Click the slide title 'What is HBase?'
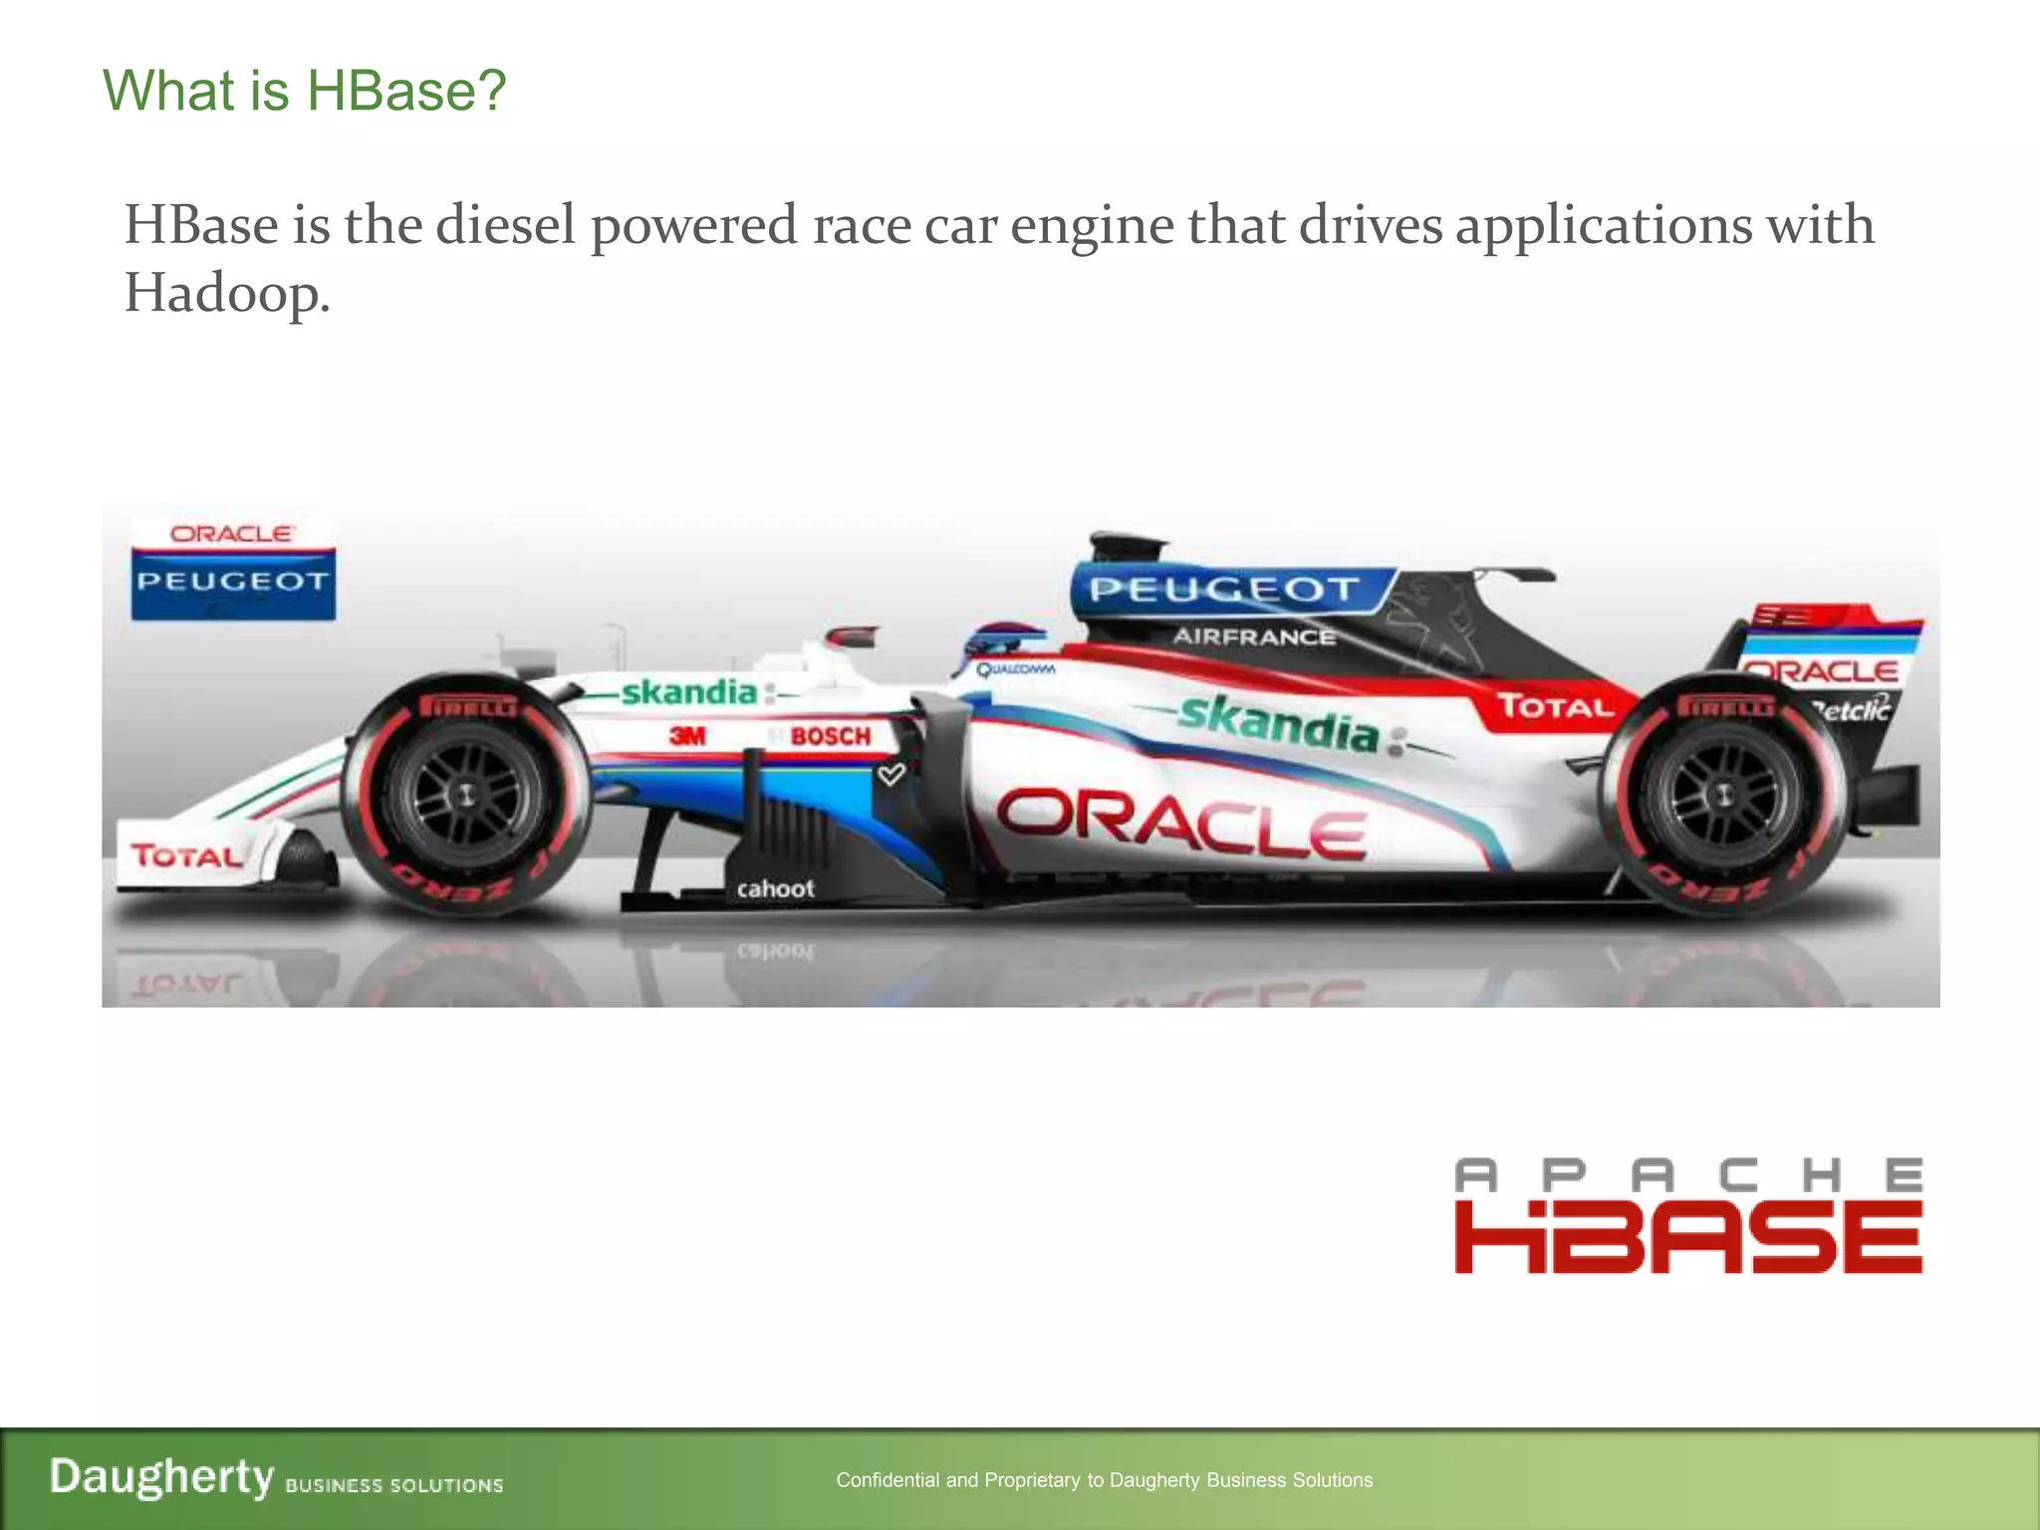coord(305,91)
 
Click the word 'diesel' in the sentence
coord(506,224)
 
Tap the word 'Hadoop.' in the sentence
coord(226,293)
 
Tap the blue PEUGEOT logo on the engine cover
coord(1225,590)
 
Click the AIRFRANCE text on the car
coord(1253,637)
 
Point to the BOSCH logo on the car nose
coord(831,736)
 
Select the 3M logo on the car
coord(687,736)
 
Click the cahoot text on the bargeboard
coord(775,889)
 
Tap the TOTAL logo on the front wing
coord(186,855)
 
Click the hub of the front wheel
coord(464,794)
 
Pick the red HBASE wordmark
coord(1687,1236)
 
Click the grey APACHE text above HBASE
coord(1687,1175)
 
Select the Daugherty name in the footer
coord(161,1476)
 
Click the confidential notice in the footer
coord(1104,1480)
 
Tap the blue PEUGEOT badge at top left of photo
coord(233,583)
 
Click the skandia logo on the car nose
coord(689,691)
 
